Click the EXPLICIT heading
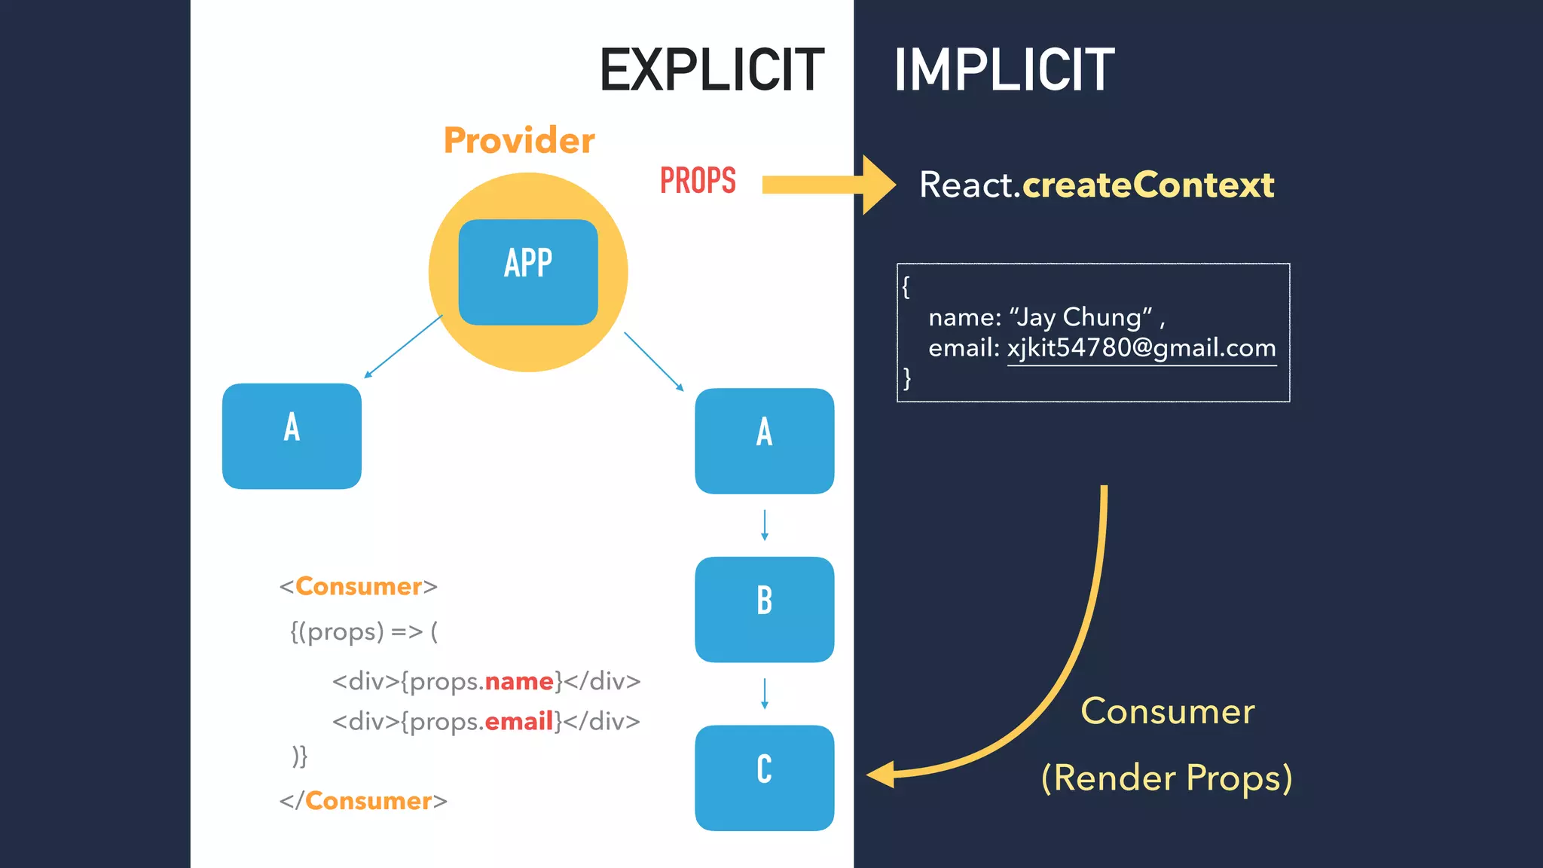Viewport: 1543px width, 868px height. point(711,70)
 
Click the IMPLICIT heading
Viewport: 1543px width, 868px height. point(1004,70)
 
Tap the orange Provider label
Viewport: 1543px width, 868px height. point(519,141)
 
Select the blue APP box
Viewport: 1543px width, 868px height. point(528,272)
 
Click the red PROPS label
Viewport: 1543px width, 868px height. point(698,181)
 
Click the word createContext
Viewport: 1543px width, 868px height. point(1147,185)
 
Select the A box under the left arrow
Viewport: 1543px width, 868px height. point(292,436)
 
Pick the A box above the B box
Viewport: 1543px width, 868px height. point(764,441)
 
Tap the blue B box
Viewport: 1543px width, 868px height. point(764,609)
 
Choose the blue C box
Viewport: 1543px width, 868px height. point(764,778)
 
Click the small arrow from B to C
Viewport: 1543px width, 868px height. point(765,693)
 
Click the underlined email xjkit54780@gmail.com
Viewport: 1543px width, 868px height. point(1141,348)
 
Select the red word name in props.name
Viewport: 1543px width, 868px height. point(519,681)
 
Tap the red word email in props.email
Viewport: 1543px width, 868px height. point(519,721)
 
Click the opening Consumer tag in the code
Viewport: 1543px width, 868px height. point(359,586)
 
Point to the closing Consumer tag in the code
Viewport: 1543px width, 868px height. point(363,800)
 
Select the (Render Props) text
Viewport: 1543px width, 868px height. point(1166,778)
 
